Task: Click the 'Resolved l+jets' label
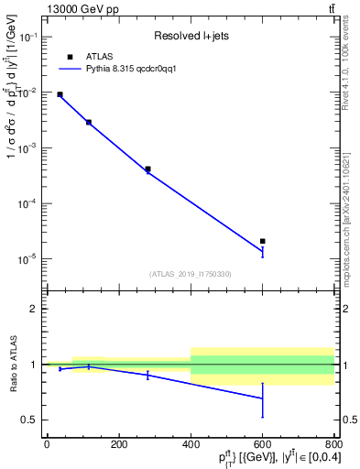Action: pyautogui.click(x=191, y=37)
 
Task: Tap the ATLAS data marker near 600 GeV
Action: pyautogui.click(x=263, y=241)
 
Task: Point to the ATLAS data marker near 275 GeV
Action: pyautogui.click(x=147, y=169)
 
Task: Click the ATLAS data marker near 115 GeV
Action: pyautogui.click(x=89, y=122)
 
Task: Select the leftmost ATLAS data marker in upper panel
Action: pyautogui.click(x=60, y=94)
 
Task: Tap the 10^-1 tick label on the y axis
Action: pyautogui.click(x=27, y=37)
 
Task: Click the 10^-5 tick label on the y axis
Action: pyautogui.click(x=27, y=258)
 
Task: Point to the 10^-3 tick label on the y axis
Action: pyautogui.click(x=27, y=147)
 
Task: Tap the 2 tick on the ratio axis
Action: pyautogui.click(x=35, y=309)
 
